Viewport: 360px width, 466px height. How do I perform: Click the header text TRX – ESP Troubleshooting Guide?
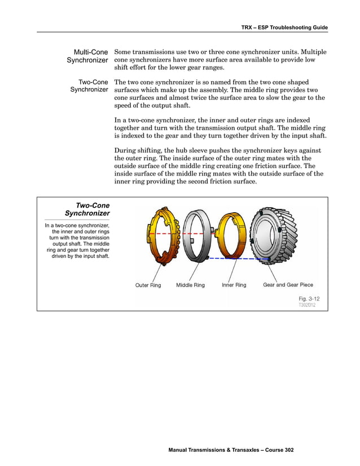284,27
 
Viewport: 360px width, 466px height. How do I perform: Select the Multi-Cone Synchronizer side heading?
87,56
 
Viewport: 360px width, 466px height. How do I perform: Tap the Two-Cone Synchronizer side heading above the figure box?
89,85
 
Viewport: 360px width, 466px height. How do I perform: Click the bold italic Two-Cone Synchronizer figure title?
87,209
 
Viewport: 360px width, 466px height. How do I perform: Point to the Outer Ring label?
148,285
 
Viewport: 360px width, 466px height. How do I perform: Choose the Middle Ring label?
190,285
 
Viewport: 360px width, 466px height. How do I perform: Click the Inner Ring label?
234,285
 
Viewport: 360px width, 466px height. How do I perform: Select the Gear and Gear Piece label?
288,285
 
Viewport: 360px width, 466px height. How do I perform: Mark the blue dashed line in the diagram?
237,258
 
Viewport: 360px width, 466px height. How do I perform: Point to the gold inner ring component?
231,236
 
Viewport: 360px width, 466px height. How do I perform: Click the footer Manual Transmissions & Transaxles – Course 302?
231,450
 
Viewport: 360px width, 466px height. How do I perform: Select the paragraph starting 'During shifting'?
219,166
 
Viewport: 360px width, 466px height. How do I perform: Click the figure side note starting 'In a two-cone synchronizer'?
77,241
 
